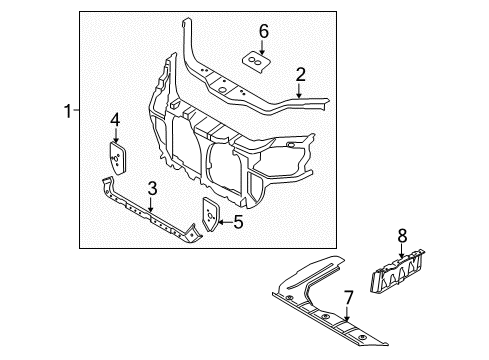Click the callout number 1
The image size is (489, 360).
coord(67,112)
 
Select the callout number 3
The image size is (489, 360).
coord(152,187)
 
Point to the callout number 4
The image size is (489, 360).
coord(116,120)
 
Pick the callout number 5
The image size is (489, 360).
coord(238,223)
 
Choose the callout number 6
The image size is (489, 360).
coord(263,32)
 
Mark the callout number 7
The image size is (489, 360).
coord(349,297)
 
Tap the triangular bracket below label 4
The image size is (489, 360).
coord(116,156)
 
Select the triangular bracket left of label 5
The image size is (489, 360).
coord(212,214)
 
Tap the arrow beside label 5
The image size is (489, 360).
coord(225,223)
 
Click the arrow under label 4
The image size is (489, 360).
coord(116,136)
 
